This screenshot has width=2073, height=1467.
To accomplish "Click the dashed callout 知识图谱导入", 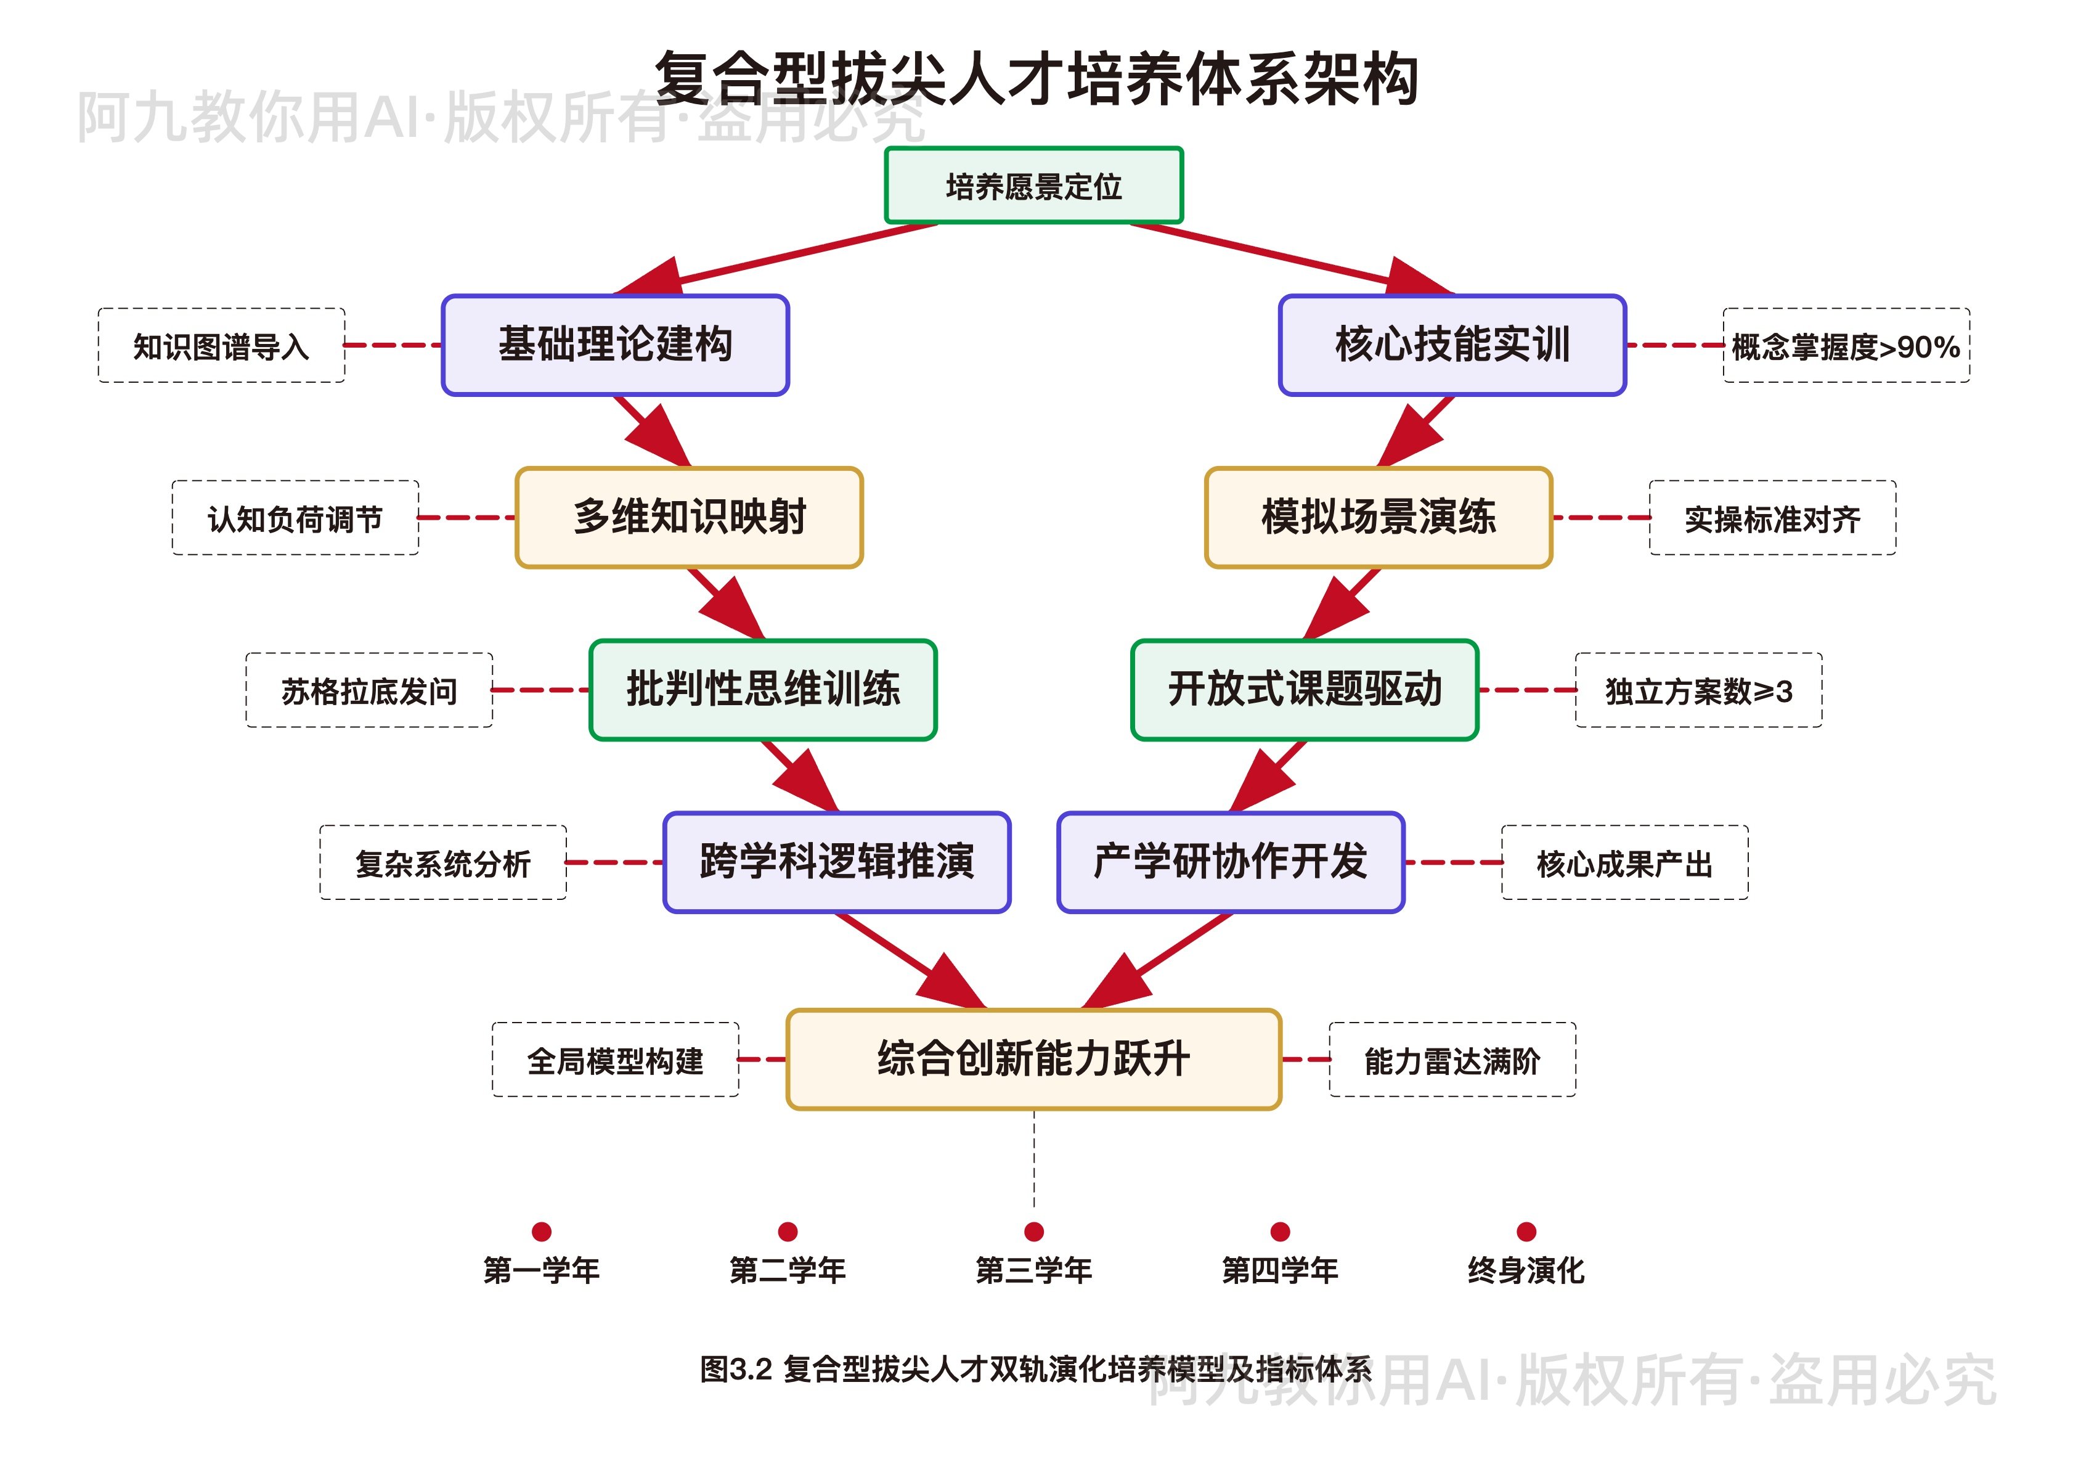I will pyautogui.click(x=221, y=345).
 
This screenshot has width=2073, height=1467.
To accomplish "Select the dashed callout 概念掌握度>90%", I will pyautogui.click(x=1846, y=345).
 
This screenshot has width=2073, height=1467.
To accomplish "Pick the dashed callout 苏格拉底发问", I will pyautogui.click(x=369, y=690).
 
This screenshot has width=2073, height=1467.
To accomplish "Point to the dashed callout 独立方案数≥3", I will pyautogui.click(x=1698, y=690).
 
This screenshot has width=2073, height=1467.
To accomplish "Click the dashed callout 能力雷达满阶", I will pyautogui.click(x=1452, y=1060).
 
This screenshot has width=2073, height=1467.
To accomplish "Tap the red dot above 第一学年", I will pyautogui.click(x=542, y=1232).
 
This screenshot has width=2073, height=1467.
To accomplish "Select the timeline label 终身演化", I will pyautogui.click(x=1526, y=1270).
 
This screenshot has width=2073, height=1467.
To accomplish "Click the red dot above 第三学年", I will pyautogui.click(x=1034, y=1232).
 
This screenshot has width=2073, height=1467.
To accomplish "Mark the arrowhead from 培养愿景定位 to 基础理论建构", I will pyautogui.click(x=652, y=278).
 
